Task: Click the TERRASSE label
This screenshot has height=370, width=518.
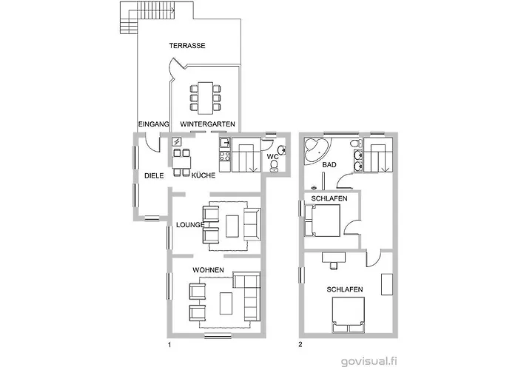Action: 186,46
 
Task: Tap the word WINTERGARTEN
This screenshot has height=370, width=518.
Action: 208,124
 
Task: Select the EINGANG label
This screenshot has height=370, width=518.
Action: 154,124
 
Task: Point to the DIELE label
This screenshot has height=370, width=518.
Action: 154,176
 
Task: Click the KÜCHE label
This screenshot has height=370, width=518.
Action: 203,176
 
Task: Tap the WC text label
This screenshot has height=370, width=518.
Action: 272,158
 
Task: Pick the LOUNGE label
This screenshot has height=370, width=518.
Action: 189,224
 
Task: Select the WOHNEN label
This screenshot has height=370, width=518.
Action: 208,269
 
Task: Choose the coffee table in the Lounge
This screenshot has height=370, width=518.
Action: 232,224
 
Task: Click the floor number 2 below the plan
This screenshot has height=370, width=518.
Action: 300,344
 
